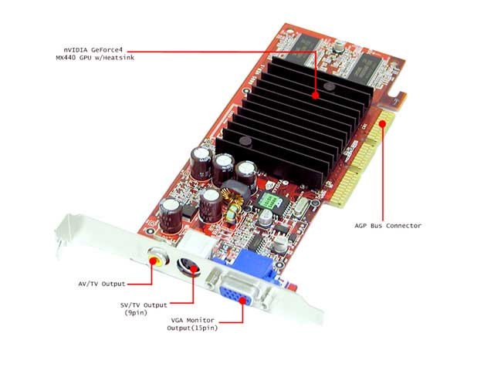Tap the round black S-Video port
[189, 267]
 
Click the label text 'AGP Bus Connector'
[387, 226]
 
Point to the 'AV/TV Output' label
[102, 284]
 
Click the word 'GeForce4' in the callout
[107, 50]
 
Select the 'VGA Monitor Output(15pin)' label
[192, 324]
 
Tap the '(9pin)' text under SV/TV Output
[136, 313]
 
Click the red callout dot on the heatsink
[316, 95]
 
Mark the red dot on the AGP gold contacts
[383, 123]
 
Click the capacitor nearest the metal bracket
[171, 216]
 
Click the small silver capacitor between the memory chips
[339, 48]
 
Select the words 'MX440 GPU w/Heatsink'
[95, 58]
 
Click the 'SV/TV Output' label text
[144, 305]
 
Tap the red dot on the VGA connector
[242, 300]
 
